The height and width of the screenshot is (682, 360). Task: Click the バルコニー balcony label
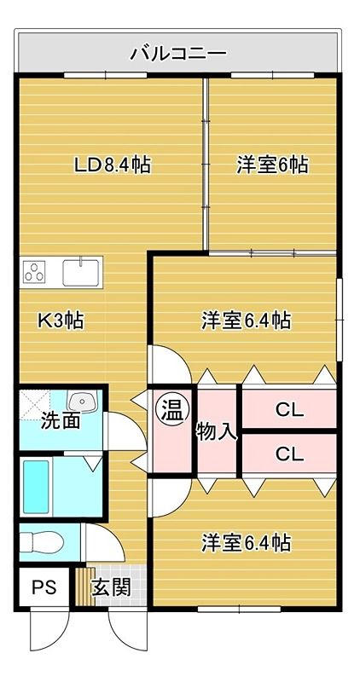click(179, 54)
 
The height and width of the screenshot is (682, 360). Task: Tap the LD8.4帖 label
click(113, 165)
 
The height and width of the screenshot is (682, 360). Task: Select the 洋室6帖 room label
click(272, 165)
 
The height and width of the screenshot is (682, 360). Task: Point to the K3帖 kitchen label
click(61, 321)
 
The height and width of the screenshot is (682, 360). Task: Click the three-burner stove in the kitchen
click(35, 272)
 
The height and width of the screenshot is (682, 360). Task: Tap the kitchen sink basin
click(80, 272)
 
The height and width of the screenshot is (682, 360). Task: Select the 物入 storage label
click(217, 432)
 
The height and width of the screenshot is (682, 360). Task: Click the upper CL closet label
click(289, 409)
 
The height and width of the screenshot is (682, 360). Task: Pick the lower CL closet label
click(289, 454)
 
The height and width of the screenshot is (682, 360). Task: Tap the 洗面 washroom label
click(61, 420)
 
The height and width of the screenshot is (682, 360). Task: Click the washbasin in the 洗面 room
click(81, 401)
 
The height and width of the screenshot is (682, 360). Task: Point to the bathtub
click(36, 487)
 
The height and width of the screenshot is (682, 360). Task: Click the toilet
click(41, 542)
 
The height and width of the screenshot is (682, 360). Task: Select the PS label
click(44, 587)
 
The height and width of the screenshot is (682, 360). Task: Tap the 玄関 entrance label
click(111, 588)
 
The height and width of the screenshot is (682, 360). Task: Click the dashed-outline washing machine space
click(35, 404)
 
